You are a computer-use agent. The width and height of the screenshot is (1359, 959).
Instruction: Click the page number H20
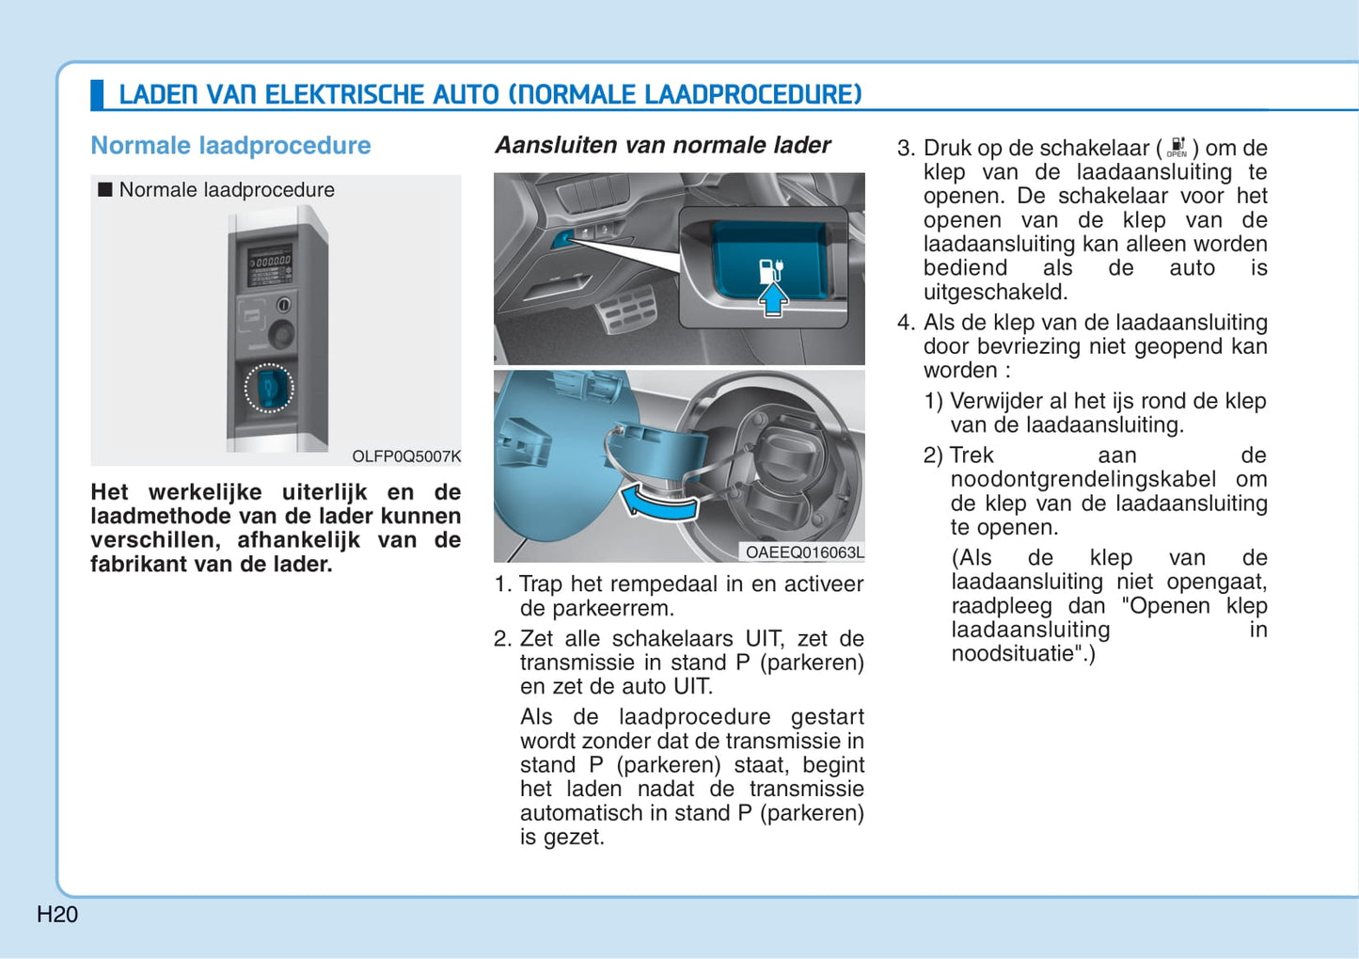(x=57, y=914)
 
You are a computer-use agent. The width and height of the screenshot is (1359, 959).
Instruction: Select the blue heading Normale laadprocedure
(x=230, y=146)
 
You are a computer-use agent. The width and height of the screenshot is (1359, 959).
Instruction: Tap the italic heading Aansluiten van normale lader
(x=662, y=145)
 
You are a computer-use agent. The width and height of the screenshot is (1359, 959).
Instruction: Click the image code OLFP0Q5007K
(x=406, y=456)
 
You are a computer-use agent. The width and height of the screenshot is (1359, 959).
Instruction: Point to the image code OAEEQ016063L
(x=804, y=552)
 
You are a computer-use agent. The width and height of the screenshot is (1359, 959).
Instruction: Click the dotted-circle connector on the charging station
(x=269, y=389)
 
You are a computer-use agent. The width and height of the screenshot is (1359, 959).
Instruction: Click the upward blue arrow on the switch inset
(x=773, y=299)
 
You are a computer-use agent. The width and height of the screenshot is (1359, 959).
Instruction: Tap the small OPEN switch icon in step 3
(x=1177, y=148)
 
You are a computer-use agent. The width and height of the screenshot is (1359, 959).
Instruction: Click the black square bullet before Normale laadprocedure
(x=105, y=190)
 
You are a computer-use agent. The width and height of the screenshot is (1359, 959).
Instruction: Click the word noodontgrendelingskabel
(x=1082, y=479)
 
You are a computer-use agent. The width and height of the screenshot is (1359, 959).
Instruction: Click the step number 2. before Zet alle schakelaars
(x=503, y=638)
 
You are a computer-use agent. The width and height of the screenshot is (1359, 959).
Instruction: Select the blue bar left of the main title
(x=97, y=95)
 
